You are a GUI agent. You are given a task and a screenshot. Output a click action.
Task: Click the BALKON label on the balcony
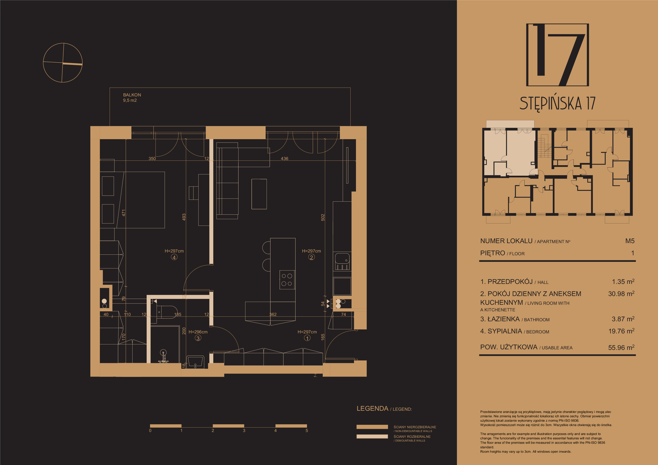(132, 95)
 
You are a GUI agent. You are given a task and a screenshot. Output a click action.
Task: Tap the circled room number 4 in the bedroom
(174, 257)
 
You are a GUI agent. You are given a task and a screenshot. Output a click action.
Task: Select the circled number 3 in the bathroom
(198, 338)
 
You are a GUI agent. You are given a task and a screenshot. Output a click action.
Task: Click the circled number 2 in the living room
(312, 257)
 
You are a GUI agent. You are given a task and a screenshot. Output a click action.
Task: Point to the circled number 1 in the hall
(307, 338)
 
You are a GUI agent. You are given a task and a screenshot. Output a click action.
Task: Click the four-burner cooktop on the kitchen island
(287, 280)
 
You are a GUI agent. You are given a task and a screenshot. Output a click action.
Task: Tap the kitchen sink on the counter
(342, 261)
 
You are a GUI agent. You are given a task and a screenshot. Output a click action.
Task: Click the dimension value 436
(284, 158)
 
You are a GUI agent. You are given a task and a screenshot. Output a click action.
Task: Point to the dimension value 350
(152, 158)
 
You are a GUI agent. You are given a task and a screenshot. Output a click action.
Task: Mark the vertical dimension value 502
(323, 217)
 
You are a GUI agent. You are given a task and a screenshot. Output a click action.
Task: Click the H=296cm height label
(198, 332)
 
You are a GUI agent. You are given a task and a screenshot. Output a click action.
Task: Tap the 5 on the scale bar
(307, 430)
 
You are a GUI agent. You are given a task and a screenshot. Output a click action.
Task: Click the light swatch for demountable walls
(372, 436)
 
